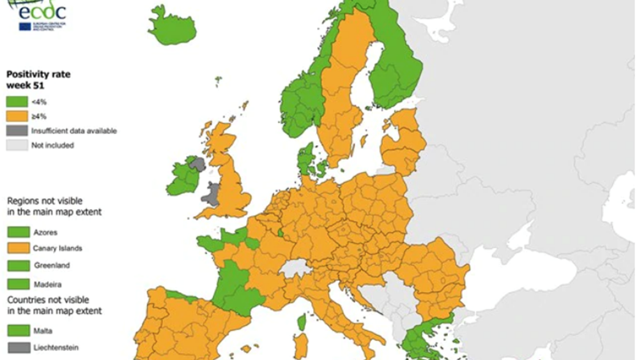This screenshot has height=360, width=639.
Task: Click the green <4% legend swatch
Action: [x=17, y=101]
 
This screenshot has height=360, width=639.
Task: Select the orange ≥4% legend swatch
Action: [x=17, y=116]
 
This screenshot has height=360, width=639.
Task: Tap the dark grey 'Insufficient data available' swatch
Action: [x=17, y=130]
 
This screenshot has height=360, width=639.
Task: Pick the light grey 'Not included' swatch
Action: [x=17, y=145]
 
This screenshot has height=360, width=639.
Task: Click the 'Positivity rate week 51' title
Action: [x=38, y=79]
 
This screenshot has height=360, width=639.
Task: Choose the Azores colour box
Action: [x=17, y=232]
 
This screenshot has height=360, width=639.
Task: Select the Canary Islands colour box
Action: [x=17, y=248]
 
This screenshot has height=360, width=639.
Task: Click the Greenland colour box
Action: [x=17, y=265]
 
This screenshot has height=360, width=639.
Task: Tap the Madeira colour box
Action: [x=17, y=284]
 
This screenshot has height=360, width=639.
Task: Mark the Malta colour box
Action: [x=17, y=331]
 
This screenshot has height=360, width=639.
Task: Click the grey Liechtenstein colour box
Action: [x=17, y=348]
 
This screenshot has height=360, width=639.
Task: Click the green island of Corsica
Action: [x=301, y=322]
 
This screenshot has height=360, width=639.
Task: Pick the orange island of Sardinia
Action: [x=300, y=346]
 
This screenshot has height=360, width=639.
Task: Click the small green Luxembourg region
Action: [x=281, y=232]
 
